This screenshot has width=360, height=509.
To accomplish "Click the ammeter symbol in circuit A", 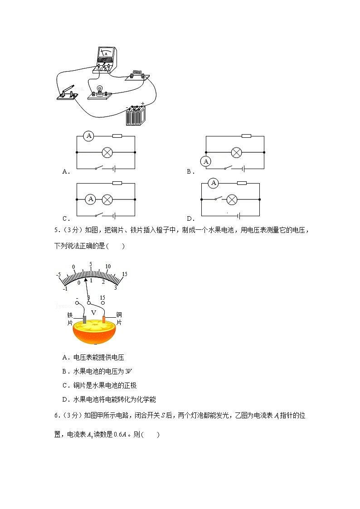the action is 89,136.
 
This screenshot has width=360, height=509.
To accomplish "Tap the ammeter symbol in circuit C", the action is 91,199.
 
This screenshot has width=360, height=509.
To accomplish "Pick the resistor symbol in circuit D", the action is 242,183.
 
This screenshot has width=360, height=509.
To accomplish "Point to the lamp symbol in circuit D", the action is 232,199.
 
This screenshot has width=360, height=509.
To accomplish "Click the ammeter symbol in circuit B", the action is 206,161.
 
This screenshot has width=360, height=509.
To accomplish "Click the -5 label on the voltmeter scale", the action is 58,275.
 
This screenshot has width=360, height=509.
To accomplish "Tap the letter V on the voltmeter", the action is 94,313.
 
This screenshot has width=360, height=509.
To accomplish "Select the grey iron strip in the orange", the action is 84,320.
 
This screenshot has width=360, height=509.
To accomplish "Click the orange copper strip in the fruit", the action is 104,320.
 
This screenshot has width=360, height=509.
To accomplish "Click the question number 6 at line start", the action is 56,416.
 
